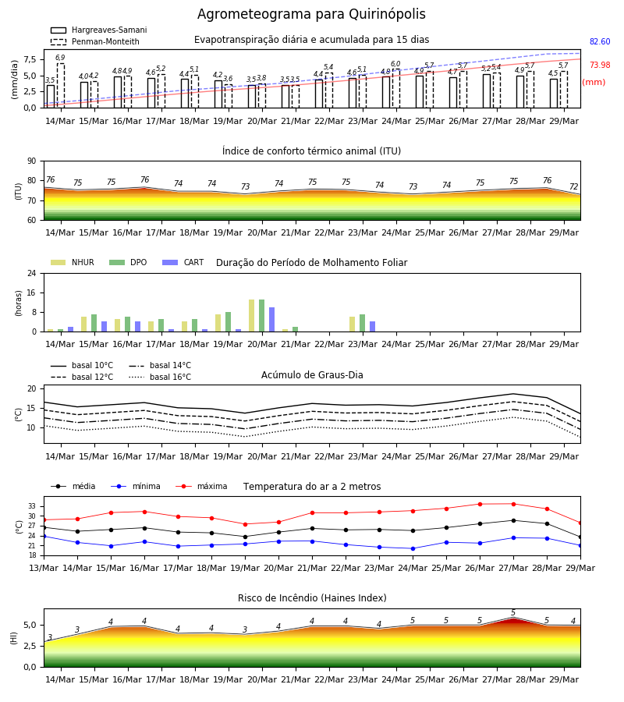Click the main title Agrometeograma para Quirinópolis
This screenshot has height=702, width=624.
[x=311, y=14]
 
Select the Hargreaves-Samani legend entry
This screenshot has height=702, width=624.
[x=99, y=30]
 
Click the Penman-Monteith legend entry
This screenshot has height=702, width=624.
[x=95, y=41]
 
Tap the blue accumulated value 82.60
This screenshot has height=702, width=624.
[x=600, y=41]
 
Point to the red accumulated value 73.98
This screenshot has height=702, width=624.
[x=600, y=65]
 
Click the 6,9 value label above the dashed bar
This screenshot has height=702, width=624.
[x=60, y=57]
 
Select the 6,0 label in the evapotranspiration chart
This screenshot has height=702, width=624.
[x=395, y=64]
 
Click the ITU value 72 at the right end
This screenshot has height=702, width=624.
[x=573, y=186]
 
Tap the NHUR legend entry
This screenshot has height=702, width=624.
[x=73, y=262]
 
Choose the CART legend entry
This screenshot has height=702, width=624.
[x=183, y=262]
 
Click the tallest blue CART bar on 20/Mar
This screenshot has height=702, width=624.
[x=271, y=320]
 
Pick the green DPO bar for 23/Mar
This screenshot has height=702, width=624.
[x=362, y=323]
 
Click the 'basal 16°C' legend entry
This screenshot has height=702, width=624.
[x=160, y=377]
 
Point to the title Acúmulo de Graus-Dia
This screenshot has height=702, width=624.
[x=312, y=375]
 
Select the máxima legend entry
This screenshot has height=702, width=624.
[x=201, y=486]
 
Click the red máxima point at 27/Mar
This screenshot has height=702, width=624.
[x=513, y=504]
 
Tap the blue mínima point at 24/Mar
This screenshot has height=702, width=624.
[x=413, y=548]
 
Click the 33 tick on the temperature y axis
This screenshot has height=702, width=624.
[x=32, y=506]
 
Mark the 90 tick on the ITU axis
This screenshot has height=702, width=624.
[x=32, y=161]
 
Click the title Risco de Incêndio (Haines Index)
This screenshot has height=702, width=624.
[x=312, y=598]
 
